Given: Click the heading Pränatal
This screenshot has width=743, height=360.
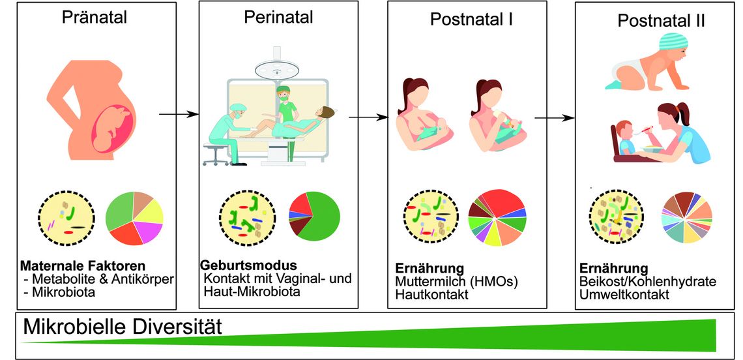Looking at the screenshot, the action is (x=95, y=18).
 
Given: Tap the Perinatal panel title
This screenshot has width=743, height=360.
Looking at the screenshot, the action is (x=279, y=17).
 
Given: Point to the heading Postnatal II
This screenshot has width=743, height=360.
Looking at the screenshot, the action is (x=662, y=22).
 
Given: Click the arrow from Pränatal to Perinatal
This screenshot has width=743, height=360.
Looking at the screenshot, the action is (x=179, y=114).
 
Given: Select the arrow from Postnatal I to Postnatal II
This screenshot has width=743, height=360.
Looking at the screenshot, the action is (x=555, y=118).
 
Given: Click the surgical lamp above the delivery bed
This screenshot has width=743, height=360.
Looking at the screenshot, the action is (x=276, y=67).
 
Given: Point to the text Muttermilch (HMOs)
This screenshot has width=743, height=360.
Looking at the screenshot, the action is (x=458, y=281).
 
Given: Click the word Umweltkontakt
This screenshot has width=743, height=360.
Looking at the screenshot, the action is (x=624, y=295).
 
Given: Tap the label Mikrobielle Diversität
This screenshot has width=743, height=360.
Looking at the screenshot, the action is (x=123, y=327).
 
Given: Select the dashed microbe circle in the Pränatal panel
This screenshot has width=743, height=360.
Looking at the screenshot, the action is (x=67, y=217).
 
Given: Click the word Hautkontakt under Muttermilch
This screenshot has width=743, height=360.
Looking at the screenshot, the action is (x=431, y=295).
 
